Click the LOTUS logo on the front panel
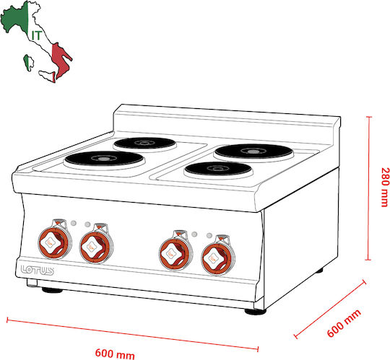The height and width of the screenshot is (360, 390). click(x=38, y=270)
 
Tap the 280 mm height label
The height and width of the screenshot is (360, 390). click(x=384, y=187)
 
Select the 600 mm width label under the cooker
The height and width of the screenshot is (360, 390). click(x=115, y=354)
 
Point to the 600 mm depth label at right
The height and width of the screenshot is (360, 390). click(x=344, y=323)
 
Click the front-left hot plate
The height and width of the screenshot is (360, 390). click(x=105, y=160)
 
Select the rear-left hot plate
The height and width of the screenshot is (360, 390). click(x=145, y=144)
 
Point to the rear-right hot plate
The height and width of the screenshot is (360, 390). click(x=253, y=152)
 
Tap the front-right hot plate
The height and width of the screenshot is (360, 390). click(x=219, y=170)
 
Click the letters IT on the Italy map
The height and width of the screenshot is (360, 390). click(x=36, y=36)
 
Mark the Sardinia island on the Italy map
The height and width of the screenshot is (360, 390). click(x=28, y=63)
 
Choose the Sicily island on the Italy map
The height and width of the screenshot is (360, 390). click(x=47, y=76)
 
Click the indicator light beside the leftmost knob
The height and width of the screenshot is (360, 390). click(x=74, y=223)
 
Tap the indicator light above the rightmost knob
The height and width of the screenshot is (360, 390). click(x=209, y=235)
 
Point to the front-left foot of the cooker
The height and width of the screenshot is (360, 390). click(x=52, y=290)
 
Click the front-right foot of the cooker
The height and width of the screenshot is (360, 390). click(x=256, y=312)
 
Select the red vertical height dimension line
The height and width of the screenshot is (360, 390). click(x=368, y=188)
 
